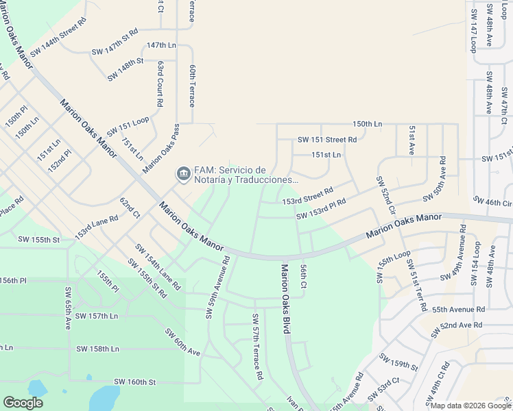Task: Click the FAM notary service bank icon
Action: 183,173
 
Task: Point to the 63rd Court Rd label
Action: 160,84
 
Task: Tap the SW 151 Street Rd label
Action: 327,139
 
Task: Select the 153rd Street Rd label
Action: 308,195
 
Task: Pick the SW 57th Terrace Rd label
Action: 257,347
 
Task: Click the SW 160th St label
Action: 135,382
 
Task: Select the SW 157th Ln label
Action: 97,316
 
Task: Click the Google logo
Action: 23,402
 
